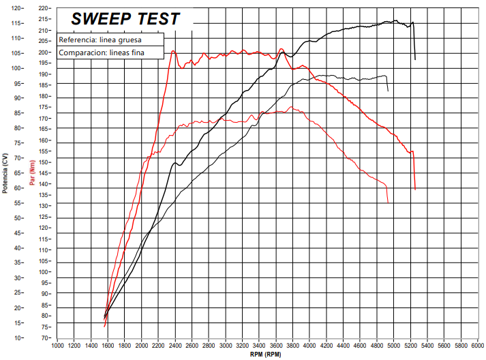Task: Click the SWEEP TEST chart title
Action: pos(125,19)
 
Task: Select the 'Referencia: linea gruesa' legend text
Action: pos(100,40)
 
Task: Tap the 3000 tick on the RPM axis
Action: pos(226,346)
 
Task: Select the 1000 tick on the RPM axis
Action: pos(58,346)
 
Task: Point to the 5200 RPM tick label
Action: pos(410,346)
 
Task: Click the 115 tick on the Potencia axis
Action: pos(16,23)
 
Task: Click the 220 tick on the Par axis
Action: pos(45,8)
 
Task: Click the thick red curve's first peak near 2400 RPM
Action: pos(173,51)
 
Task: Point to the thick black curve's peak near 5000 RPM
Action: pos(395,20)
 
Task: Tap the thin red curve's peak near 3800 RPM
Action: pos(292,107)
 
